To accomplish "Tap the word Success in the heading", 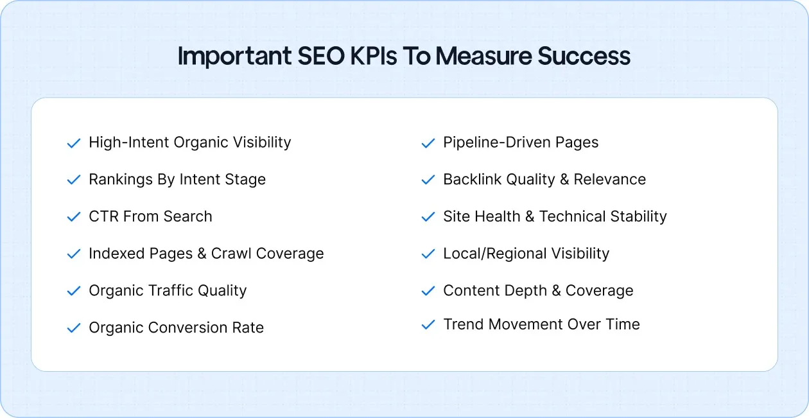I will [x=584, y=57].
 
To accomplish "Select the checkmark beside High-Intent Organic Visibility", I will [x=74, y=143].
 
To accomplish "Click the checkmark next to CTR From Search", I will [x=74, y=217].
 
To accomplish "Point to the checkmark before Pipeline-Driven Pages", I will [x=428, y=143].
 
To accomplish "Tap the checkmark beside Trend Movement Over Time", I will [x=428, y=325].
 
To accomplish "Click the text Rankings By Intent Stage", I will [x=177, y=180].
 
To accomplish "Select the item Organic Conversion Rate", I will [x=176, y=327].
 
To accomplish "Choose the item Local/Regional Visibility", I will [x=526, y=254].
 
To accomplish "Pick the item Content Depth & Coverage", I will [x=538, y=290].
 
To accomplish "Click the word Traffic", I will [x=168, y=290].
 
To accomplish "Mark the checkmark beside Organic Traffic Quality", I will [x=74, y=291].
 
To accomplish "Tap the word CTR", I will [x=103, y=217].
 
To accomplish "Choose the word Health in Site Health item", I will [x=498, y=217].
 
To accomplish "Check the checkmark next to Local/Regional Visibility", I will [x=428, y=254].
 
